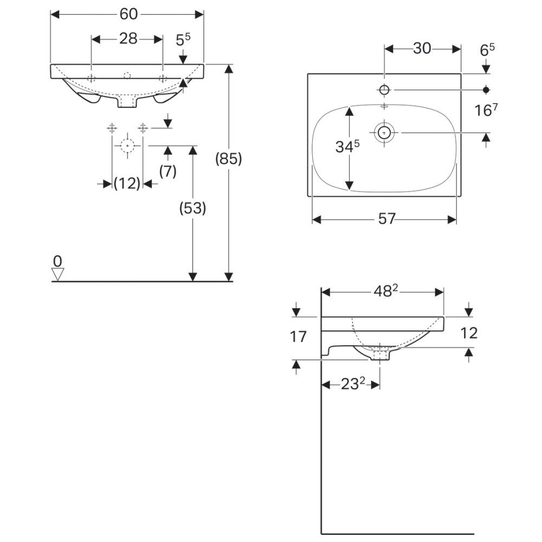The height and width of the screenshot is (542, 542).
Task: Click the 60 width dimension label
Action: (128, 14)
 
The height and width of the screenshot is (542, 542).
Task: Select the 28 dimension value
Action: (128, 38)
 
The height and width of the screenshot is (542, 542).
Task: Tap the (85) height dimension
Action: (229, 159)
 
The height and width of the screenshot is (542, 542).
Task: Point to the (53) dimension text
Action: (192, 208)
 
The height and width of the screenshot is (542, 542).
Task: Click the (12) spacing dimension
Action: (127, 184)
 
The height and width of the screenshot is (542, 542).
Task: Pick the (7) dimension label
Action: (168, 171)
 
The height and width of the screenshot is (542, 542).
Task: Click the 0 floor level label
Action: (57, 261)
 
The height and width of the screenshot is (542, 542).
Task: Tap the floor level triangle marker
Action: (58, 274)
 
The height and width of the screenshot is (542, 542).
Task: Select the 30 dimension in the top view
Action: (422, 49)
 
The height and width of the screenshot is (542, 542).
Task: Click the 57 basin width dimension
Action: (386, 219)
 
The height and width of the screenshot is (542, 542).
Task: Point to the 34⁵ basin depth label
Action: (347, 146)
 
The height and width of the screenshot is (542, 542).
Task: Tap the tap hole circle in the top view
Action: (384, 90)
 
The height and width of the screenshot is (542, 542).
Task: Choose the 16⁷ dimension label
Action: (486, 110)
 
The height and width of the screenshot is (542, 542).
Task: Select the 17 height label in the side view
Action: (298, 337)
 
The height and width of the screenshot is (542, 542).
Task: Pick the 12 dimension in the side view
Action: (469, 333)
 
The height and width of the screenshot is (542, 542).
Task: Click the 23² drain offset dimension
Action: (353, 384)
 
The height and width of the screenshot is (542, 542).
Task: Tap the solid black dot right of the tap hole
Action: (486, 90)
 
